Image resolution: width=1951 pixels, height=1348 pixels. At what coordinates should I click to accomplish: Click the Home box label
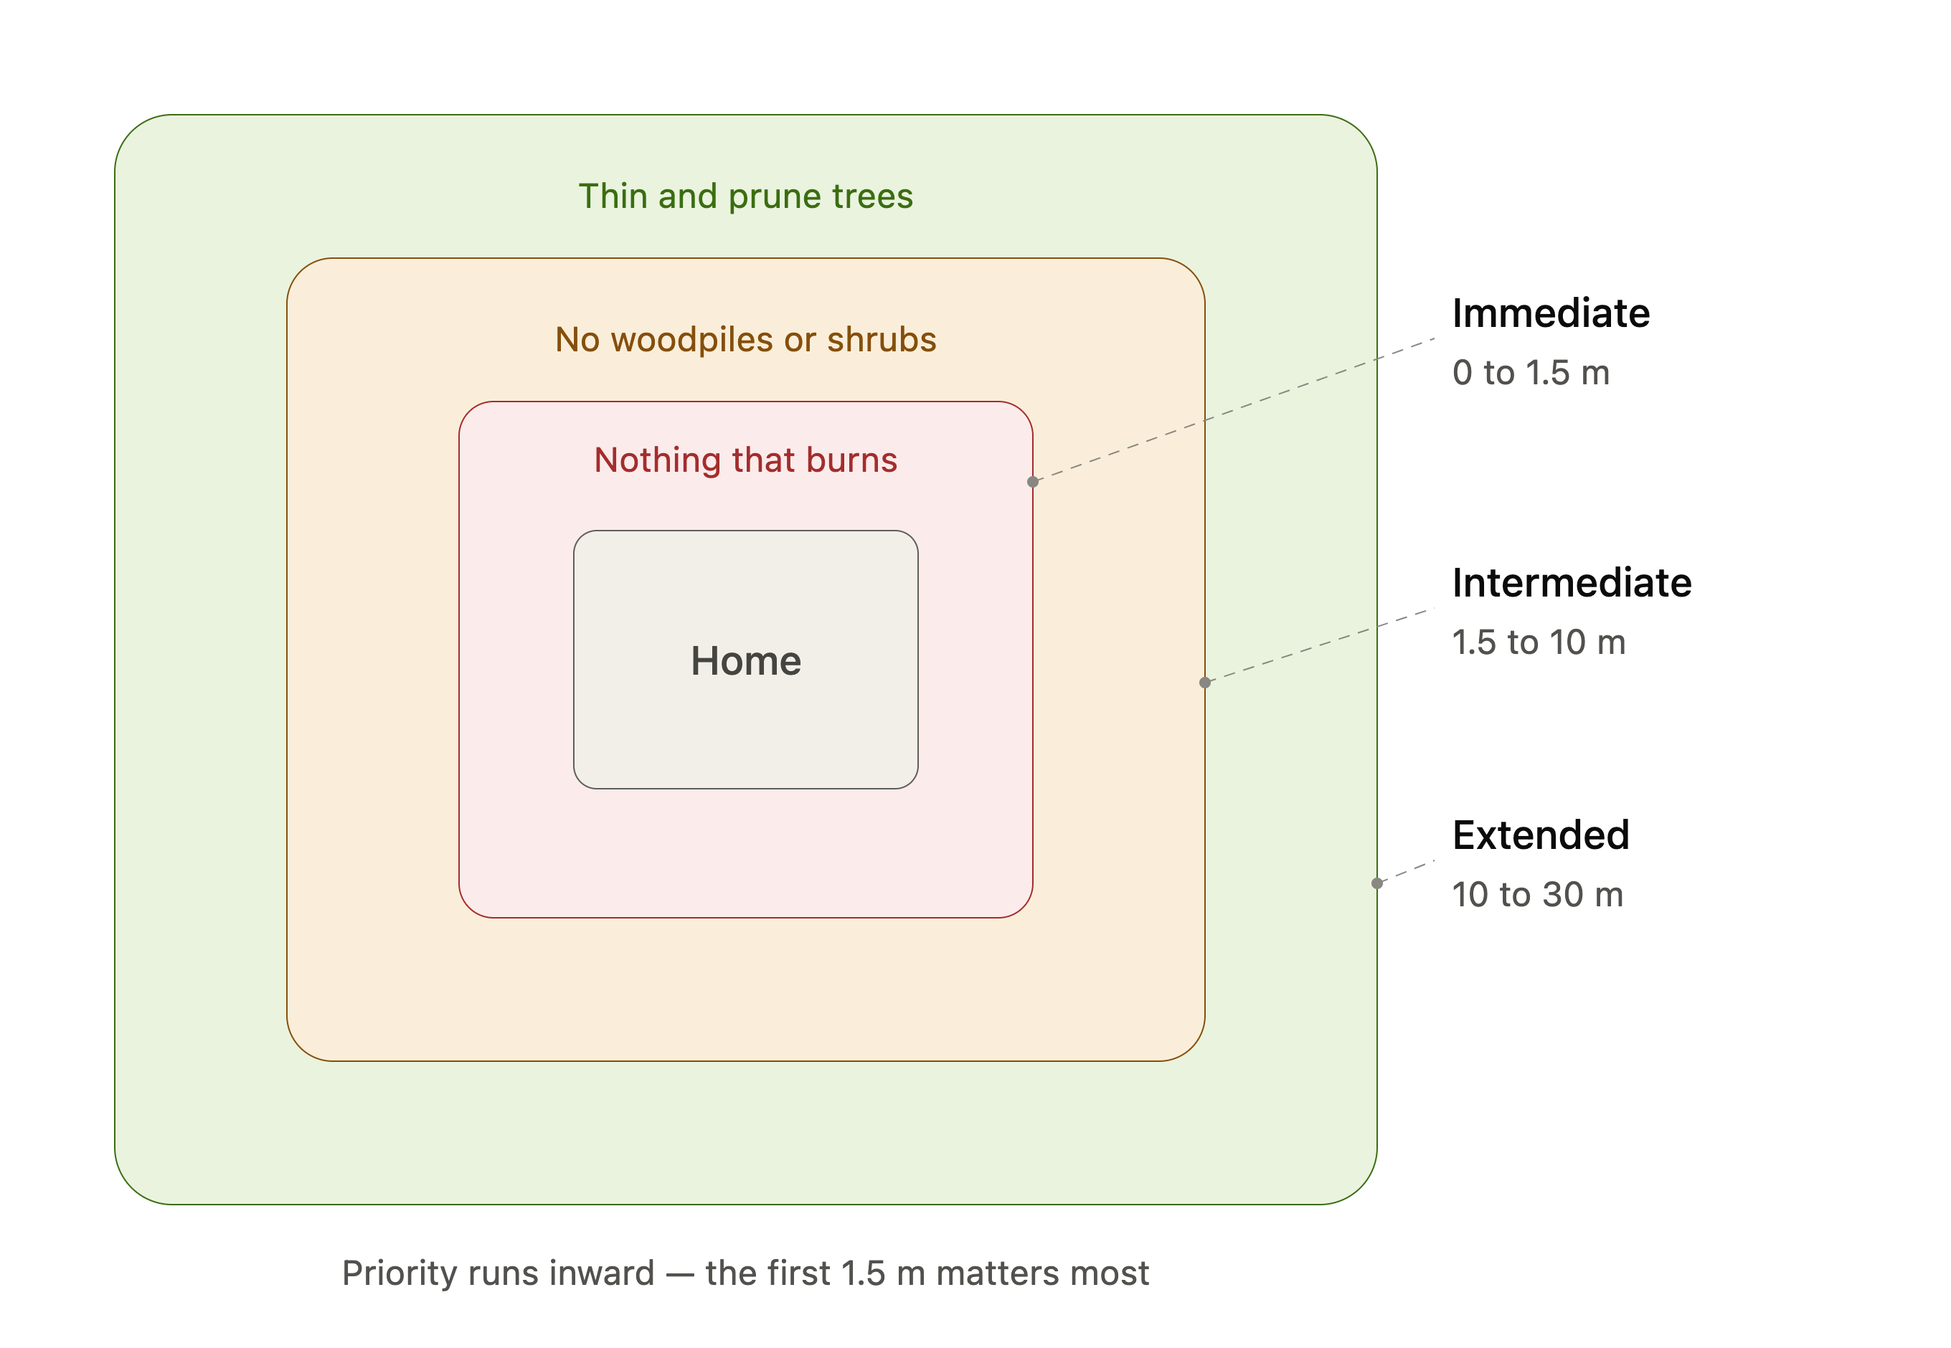[x=745, y=660]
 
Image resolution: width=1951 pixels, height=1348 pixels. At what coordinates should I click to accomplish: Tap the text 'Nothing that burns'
[x=745, y=460]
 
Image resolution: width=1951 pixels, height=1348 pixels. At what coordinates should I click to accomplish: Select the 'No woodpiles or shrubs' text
[x=745, y=340]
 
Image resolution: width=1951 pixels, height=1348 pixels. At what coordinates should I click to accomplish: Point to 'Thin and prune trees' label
[x=745, y=196]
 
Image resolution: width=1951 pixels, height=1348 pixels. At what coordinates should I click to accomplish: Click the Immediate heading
[x=1551, y=313]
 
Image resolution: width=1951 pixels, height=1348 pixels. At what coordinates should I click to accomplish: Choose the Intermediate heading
[x=1572, y=583]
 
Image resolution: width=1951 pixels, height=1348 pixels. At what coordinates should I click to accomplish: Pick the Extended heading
[x=1540, y=835]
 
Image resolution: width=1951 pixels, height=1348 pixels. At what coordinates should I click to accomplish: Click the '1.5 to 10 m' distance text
[x=1539, y=642]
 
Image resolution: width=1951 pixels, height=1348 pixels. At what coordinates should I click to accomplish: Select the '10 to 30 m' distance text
[x=1538, y=894]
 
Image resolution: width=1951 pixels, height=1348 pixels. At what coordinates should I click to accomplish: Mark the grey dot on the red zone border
[x=1033, y=481]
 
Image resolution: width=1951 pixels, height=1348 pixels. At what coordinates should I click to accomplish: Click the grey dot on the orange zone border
[x=1205, y=683]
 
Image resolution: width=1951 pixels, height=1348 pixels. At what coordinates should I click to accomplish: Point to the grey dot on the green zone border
[x=1377, y=883]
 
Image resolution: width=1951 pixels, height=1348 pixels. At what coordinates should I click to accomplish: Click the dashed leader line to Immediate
[x=1234, y=410]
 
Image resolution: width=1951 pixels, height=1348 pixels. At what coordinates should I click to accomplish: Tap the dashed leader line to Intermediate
[x=1320, y=645]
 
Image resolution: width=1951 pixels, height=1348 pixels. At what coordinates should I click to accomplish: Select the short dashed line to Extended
[x=1406, y=873]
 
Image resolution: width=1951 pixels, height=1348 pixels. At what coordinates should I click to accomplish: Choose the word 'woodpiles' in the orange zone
[x=692, y=340]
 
